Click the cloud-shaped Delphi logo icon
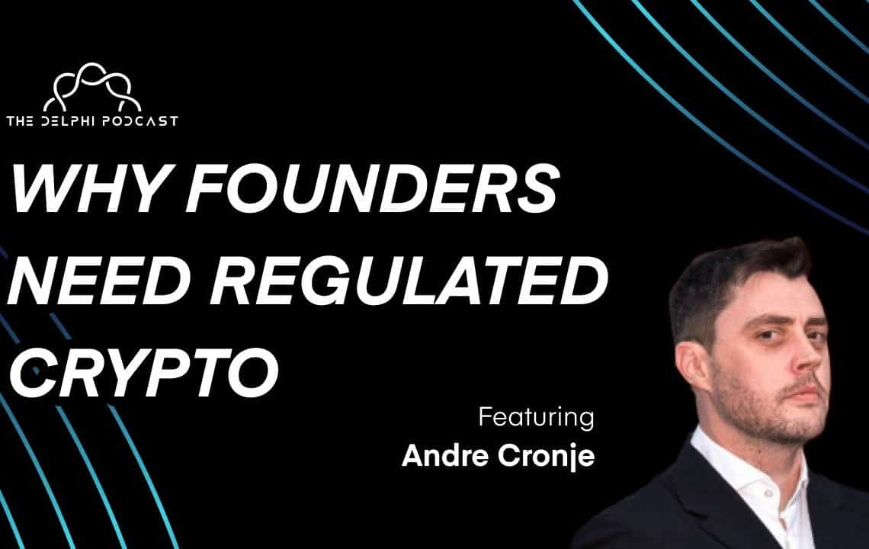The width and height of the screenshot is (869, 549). coord(92,87)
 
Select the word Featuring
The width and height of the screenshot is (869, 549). coord(537,418)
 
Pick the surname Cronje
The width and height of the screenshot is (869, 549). coord(546,457)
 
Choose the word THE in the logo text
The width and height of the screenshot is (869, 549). coord(20,121)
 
